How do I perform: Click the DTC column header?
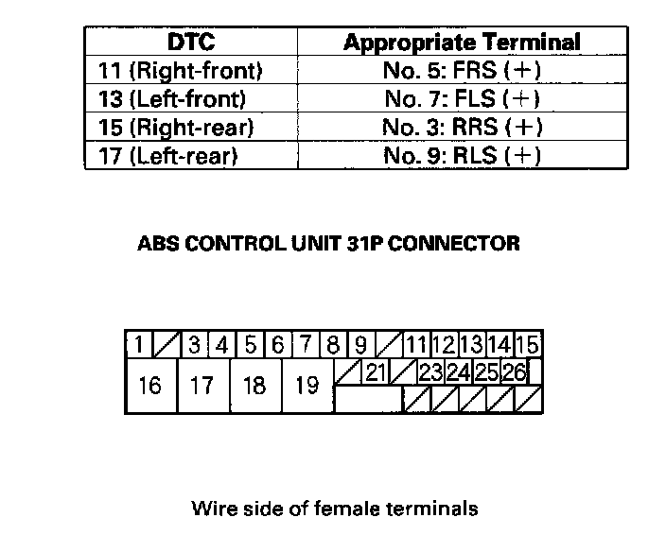(191, 43)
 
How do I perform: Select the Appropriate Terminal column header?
(462, 43)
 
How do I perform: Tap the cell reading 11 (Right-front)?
(180, 71)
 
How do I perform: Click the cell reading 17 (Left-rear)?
(167, 154)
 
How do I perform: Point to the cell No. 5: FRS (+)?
(462, 71)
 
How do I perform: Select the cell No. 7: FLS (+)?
(462, 98)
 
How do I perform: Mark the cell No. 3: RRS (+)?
(462, 127)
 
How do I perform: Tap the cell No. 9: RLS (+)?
(462, 154)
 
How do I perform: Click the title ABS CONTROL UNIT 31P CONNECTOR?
(329, 243)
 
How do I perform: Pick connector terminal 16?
(150, 386)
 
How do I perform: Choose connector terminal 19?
(307, 386)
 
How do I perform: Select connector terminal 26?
(514, 372)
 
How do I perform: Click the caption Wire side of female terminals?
(335, 509)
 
